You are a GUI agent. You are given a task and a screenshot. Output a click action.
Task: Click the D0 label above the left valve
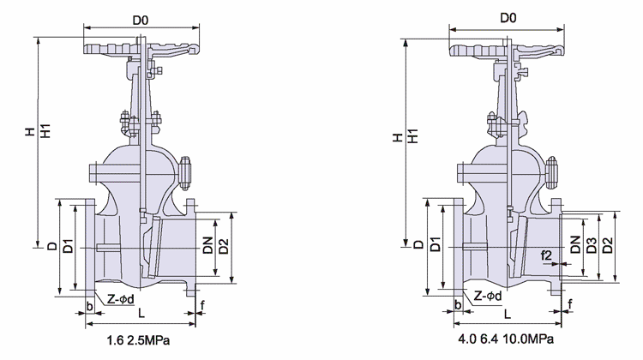[x=140, y=17]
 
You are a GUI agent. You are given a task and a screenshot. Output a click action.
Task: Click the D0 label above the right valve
[x=508, y=17]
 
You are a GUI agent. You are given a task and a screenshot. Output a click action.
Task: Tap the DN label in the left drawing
[x=207, y=245]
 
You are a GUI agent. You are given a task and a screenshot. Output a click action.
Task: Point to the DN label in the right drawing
[x=575, y=245]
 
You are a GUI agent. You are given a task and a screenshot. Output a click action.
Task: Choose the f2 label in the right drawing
[x=546, y=255]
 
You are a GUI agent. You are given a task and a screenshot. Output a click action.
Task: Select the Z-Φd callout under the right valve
[x=488, y=297]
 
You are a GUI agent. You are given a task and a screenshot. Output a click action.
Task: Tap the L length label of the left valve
[x=141, y=315]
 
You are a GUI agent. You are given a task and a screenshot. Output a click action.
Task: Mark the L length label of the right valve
[x=508, y=315]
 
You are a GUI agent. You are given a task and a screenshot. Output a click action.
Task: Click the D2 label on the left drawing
[x=223, y=245]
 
